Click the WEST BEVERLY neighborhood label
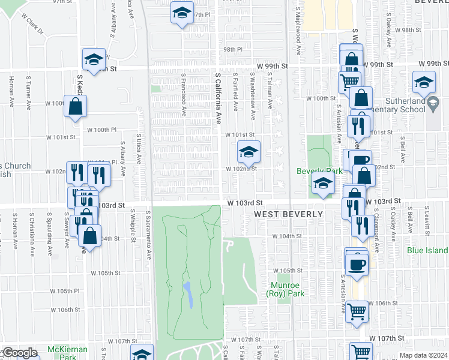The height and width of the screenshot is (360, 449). [x=288, y=215]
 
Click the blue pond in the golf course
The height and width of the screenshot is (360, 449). [x=188, y=295]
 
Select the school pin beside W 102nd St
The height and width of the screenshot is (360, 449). [x=249, y=151]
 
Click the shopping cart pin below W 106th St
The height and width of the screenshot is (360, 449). [x=357, y=311]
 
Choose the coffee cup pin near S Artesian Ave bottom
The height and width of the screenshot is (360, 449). [x=357, y=264]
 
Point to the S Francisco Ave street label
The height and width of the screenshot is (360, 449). [x=184, y=96]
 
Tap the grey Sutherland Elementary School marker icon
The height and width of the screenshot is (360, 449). [x=433, y=105]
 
